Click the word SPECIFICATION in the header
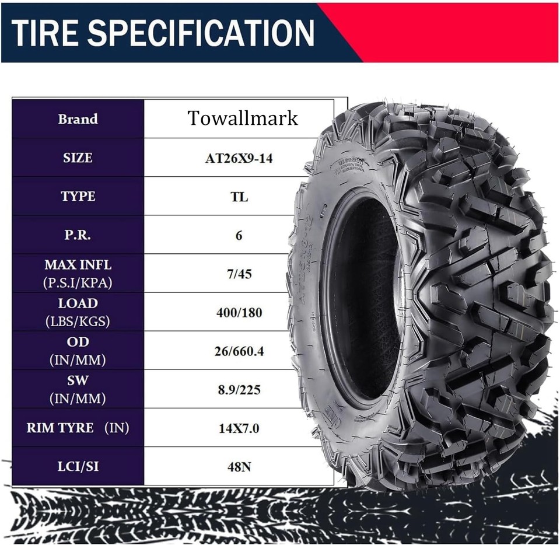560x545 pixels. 201,33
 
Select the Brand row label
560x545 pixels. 78,119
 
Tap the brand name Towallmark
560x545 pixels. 243,118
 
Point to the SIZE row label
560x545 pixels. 78,158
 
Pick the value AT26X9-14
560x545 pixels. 239,158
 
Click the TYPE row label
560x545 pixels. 78,196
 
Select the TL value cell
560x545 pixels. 239,197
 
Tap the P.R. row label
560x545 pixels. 78,235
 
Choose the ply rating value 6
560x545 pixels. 239,235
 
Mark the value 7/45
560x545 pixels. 239,274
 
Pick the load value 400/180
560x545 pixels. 239,312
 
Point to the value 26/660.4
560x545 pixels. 239,351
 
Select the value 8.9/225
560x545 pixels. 239,389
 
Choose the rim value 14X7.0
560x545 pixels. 239,428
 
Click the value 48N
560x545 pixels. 239,467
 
